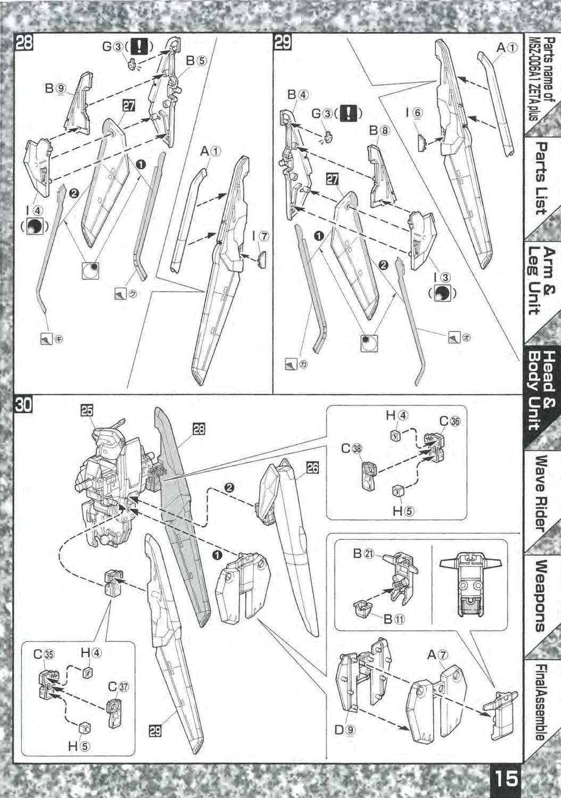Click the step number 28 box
click(x=24, y=42)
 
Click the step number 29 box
click(x=282, y=42)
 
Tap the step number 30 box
click(x=24, y=405)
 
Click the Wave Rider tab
click(x=541, y=492)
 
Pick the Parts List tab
click(x=541, y=178)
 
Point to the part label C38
click(x=352, y=448)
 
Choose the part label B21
click(x=364, y=553)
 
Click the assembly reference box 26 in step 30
click(x=312, y=468)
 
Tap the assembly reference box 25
click(x=87, y=410)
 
